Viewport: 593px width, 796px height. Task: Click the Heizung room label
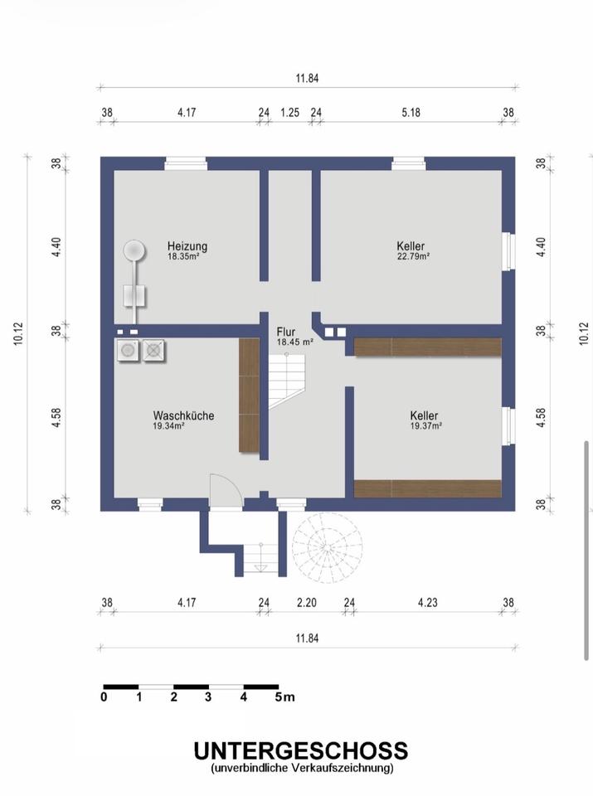[x=187, y=246]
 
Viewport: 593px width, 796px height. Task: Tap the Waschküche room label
[x=183, y=415]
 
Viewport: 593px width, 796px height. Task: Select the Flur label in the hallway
[x=286, y=332]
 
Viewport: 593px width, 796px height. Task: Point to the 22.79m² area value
[x=412, y=257]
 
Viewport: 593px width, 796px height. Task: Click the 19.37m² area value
[x=425, y=426]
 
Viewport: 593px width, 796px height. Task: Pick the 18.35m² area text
[x=183, y=257]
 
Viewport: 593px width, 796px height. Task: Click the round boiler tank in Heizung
[x=134, y=249]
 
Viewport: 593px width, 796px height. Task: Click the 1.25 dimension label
[x=289, y=113]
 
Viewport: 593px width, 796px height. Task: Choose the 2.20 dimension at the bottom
[x=306, y=604]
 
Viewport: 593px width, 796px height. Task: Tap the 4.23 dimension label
[x=427, y=604]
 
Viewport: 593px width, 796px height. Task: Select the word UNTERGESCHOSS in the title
[x=301, y=751]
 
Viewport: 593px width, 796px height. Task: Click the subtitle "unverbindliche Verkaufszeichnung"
[x=302, y=769]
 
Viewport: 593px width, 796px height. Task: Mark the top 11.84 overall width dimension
[x=306, y=79]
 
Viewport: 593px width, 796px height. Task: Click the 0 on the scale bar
[x=104, y=697]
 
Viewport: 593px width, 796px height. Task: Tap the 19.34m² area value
[x=168, y=426]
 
